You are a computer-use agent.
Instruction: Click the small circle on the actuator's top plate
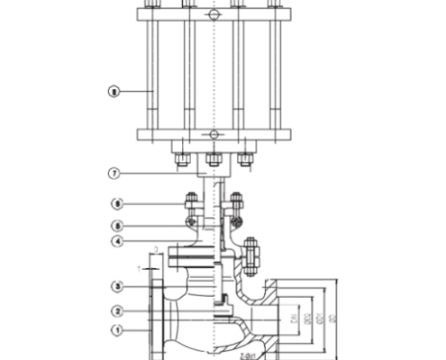tap(213, 15)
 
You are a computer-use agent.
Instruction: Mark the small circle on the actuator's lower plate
tap(213, 135)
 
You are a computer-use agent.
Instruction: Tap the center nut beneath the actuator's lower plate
tap(214, 160)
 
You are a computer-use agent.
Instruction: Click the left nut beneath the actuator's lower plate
tap(181, 161)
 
